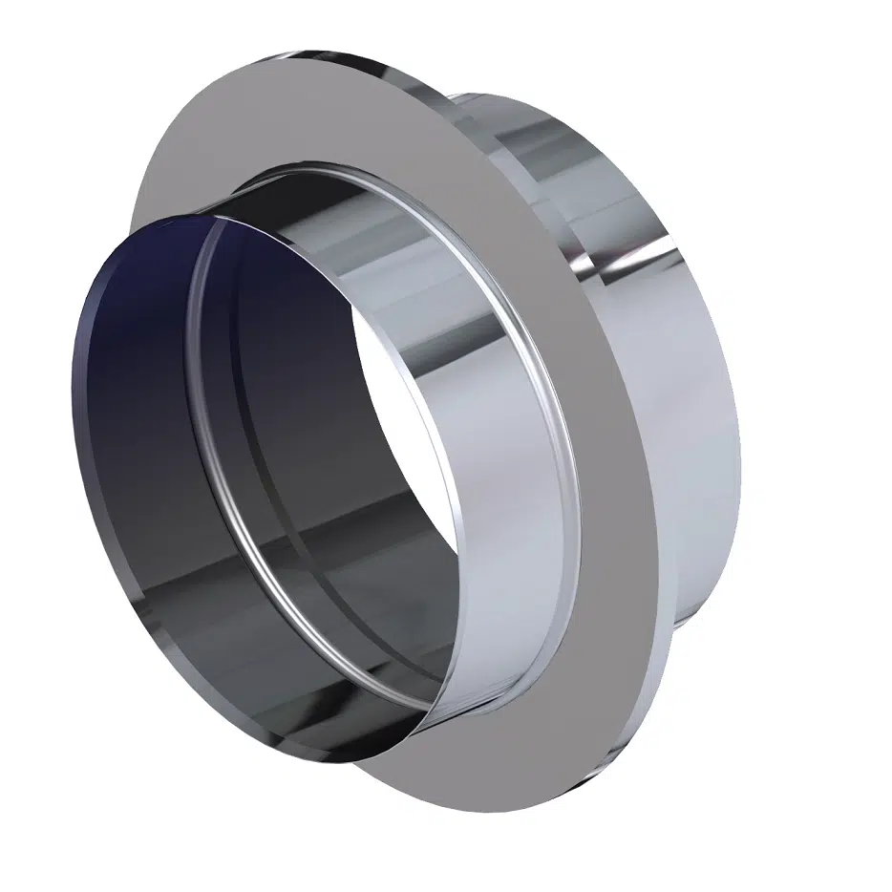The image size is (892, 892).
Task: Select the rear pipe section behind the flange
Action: click(669, 382)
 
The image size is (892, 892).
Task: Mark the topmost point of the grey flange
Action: click(344, 48)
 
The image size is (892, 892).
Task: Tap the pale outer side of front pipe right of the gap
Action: click(497, 478)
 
